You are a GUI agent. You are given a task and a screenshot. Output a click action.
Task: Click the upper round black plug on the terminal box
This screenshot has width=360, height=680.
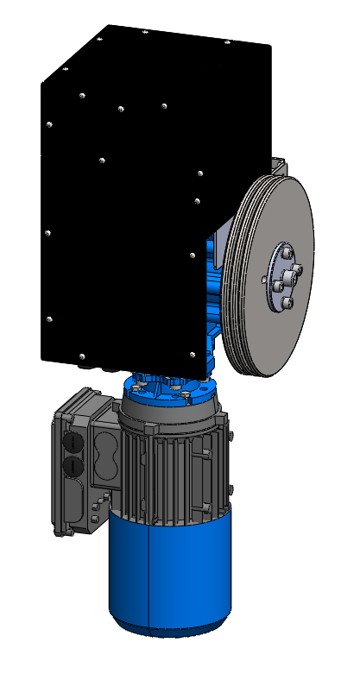tap(73, 442)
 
